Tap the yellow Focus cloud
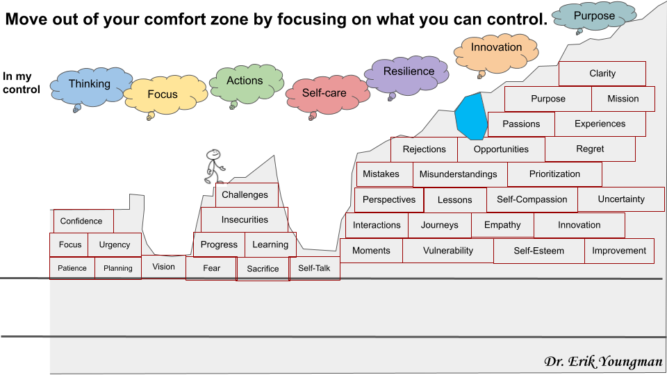165,95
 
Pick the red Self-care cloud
327,95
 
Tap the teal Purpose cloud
594,17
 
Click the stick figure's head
213,154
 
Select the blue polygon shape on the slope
471,117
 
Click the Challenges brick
247,194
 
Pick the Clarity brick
602,74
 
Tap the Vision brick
163,267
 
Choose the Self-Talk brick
314,268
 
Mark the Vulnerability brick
448,251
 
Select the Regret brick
590,149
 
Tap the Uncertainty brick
621,199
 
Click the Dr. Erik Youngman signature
603,361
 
